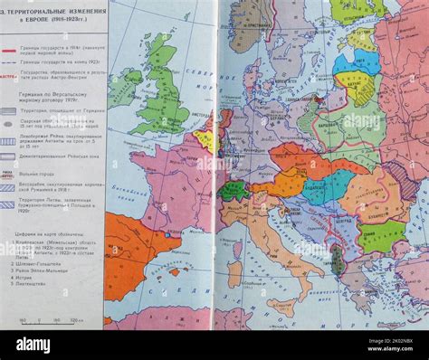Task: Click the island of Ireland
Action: [x=123, y=87]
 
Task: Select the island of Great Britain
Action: [x=163, y=90]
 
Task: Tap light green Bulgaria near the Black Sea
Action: [x=381, y=236]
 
